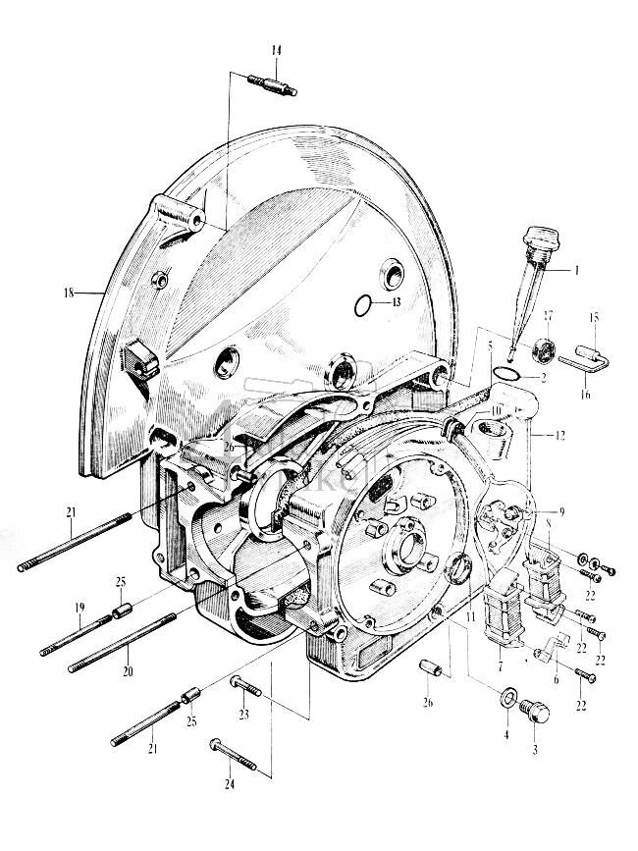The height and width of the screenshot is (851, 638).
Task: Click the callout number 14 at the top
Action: pyautogui.click(x=275, y=50)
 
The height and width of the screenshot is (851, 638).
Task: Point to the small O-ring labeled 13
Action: pyautogui.click(x=363, y=304)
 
